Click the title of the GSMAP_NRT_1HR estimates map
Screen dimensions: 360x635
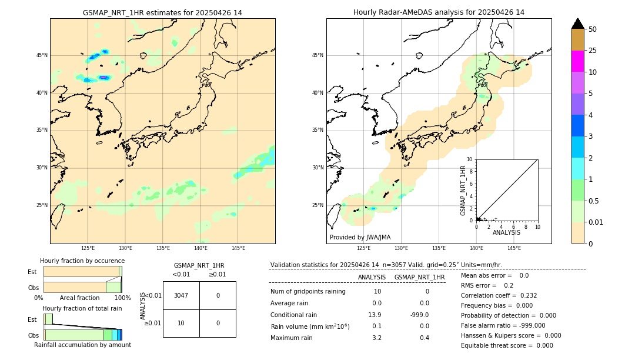(162, 12)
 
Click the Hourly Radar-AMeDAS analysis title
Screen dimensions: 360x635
(439, 12)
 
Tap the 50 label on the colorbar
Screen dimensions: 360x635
(593, 29)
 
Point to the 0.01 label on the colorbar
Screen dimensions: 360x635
(595, 222)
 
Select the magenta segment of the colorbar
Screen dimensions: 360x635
(578, 61)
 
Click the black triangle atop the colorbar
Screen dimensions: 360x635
(578, 24)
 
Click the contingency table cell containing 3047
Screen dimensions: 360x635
(181, 295)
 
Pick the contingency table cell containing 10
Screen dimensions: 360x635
(181, 323)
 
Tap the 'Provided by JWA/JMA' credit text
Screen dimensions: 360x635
(360, 237)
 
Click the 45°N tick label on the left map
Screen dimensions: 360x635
(42, 55)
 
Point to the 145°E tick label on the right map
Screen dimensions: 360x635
(514, 248)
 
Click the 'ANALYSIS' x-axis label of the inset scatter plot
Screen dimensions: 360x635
(506, 232)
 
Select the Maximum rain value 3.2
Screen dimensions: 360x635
(376, 338)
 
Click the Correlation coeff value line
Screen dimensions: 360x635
(499, 295)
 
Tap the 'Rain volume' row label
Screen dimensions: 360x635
(310, 326)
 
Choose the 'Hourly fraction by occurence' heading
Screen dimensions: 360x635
(82, 261)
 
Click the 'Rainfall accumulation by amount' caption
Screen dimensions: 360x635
(82, 345)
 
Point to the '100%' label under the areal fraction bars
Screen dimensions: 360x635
(122, 298)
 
